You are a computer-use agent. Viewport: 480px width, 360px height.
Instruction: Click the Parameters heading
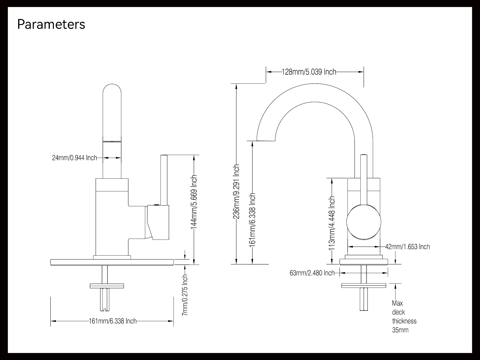[x=51, y=24]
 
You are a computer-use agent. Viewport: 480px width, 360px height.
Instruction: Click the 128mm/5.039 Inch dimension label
[x=309, y=72]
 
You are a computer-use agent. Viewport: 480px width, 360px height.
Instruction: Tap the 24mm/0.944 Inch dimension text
[x=74, y=158]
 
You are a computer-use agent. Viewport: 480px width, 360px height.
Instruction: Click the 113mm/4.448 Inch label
[x=332, y=223]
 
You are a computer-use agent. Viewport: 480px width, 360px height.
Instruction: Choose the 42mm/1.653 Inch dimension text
[x=407, y=247]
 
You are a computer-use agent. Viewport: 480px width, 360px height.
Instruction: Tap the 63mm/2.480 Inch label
[x=312, y=273]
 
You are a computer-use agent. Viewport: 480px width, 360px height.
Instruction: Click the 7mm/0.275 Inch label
[x=185, y=295]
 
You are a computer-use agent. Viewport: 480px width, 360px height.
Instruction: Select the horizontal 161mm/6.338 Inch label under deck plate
[x=113, y=321]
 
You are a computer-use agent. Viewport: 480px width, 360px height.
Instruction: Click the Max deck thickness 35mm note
[x=404, y=317]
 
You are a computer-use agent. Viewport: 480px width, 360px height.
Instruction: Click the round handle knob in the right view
[x=364, y=222]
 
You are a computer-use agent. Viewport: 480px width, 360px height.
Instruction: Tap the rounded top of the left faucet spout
[x=112, y=89]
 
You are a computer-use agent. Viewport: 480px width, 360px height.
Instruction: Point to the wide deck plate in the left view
[x=112, y=262]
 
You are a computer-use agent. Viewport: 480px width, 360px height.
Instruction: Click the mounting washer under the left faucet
[x=107, y=286]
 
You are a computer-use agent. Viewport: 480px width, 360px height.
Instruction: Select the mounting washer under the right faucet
[x=364, y=285]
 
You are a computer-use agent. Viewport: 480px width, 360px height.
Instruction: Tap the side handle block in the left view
[x=158, y=222]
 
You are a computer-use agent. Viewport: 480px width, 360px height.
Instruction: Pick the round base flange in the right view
[x=364, y=262]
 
